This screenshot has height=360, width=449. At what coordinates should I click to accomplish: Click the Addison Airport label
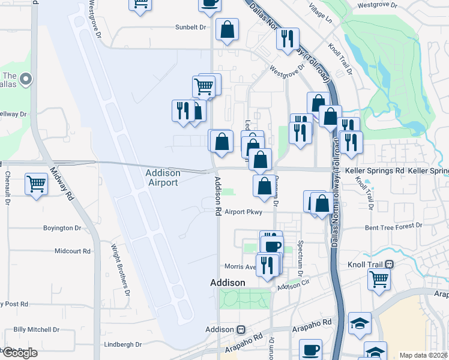pos(163,178)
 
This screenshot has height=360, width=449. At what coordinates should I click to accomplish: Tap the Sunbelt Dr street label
pos(190,27)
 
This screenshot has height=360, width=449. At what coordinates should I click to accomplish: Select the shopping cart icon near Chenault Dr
pos(37,184)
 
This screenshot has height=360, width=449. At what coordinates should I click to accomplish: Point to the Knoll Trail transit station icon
pos(390,263)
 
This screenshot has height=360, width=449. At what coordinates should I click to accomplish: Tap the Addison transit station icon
pos(242,329)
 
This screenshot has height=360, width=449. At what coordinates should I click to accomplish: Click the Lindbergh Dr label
pos(122,344)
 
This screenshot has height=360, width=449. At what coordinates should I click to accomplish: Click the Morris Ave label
pos(240,266)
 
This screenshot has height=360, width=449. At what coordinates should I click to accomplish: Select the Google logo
pos(19,353)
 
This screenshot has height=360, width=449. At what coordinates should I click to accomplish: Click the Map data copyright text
pos(424,355)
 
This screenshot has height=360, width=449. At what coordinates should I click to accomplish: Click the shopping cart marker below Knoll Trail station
pos(379,278)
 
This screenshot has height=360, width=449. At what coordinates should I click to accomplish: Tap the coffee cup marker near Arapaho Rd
pos(310,350)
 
